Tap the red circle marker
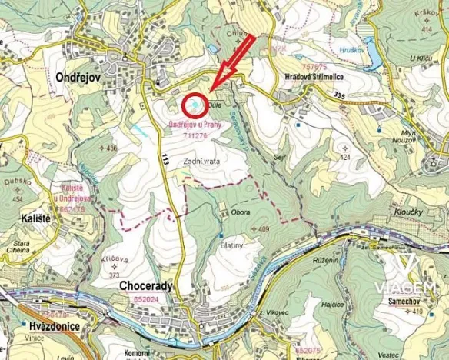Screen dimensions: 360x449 pos(195,104)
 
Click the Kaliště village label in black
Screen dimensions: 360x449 pos(26,218)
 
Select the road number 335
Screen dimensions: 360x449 pos(340,95)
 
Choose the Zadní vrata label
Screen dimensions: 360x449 pos(201,162)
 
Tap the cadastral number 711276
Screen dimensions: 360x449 pos(195,135)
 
